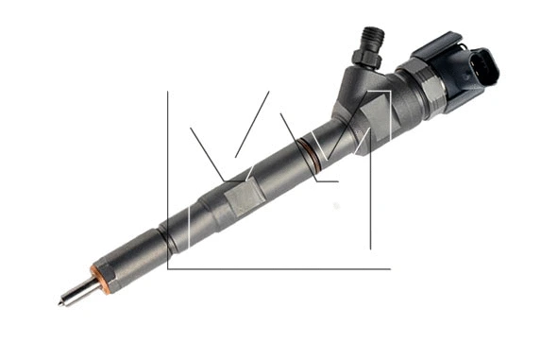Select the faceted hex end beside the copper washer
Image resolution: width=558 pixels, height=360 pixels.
click(x=106, y=273)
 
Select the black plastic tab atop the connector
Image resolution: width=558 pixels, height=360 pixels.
click(x=443, y=43)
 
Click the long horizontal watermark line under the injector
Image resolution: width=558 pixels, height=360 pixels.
click(x=283, y=268)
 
